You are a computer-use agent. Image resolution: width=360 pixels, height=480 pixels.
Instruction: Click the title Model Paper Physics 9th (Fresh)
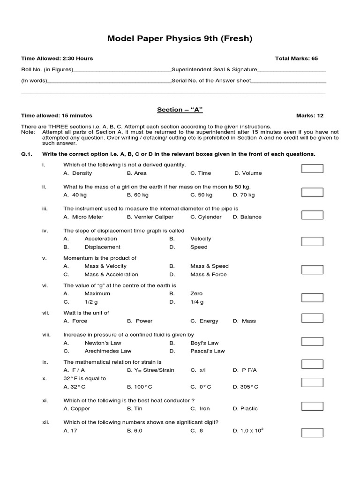[x=180, y=38]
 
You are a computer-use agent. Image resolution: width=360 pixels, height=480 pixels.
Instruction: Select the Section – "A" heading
[x=180, y=110]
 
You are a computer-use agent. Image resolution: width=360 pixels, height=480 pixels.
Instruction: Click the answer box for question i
[x=312, y=169]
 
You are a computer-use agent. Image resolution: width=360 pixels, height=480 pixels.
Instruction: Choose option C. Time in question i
[x=201, y=173]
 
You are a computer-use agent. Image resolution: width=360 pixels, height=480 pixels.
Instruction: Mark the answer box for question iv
[x=312, y=242]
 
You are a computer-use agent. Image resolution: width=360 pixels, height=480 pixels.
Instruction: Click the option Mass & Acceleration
[x=111, y=275]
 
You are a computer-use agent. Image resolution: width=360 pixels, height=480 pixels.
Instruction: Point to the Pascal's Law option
[x=208, y=351]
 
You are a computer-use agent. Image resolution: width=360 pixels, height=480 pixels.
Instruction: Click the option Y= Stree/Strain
[x=150, y=370]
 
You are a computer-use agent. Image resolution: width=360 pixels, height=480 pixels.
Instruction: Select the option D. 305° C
[x=246, y=387]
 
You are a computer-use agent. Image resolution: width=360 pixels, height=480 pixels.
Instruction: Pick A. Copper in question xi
[x=76, y=409]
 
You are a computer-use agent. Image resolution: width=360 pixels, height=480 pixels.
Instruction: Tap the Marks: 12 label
[x=310, y=116]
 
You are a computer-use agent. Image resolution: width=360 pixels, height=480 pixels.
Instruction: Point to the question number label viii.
[x=45, y=335]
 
